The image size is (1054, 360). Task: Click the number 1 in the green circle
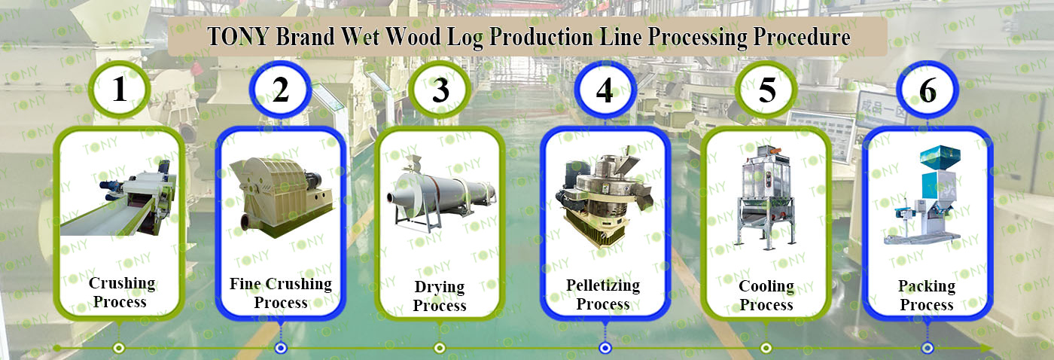120,89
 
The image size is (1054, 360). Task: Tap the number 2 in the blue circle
280,90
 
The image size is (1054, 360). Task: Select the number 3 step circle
440,90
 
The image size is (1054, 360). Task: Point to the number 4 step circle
605,90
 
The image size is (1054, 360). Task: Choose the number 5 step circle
766,90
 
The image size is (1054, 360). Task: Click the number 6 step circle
928,90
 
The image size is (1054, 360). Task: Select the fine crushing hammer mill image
281,197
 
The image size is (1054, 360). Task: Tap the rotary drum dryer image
440,193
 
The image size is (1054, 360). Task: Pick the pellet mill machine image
604,197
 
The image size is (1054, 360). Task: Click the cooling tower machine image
766,197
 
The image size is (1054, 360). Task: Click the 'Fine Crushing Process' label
281,293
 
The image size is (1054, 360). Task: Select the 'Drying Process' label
440,295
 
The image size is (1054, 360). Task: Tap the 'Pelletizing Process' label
603,294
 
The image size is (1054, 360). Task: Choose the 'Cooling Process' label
766,295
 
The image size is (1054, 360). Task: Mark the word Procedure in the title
802,36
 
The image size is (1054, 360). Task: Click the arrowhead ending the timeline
986,348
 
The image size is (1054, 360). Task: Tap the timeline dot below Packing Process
928,348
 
